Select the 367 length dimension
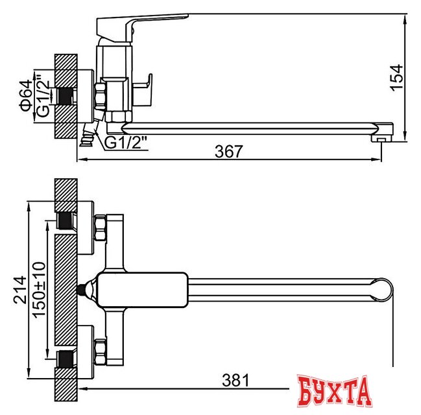(x=229, y=152)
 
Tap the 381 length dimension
(x=235, y=380)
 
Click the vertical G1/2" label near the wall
(x=42, y=97)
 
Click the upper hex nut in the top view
(x=101, y=228)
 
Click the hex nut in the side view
(x=102, y=96)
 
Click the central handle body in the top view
(x=139, y=289)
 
